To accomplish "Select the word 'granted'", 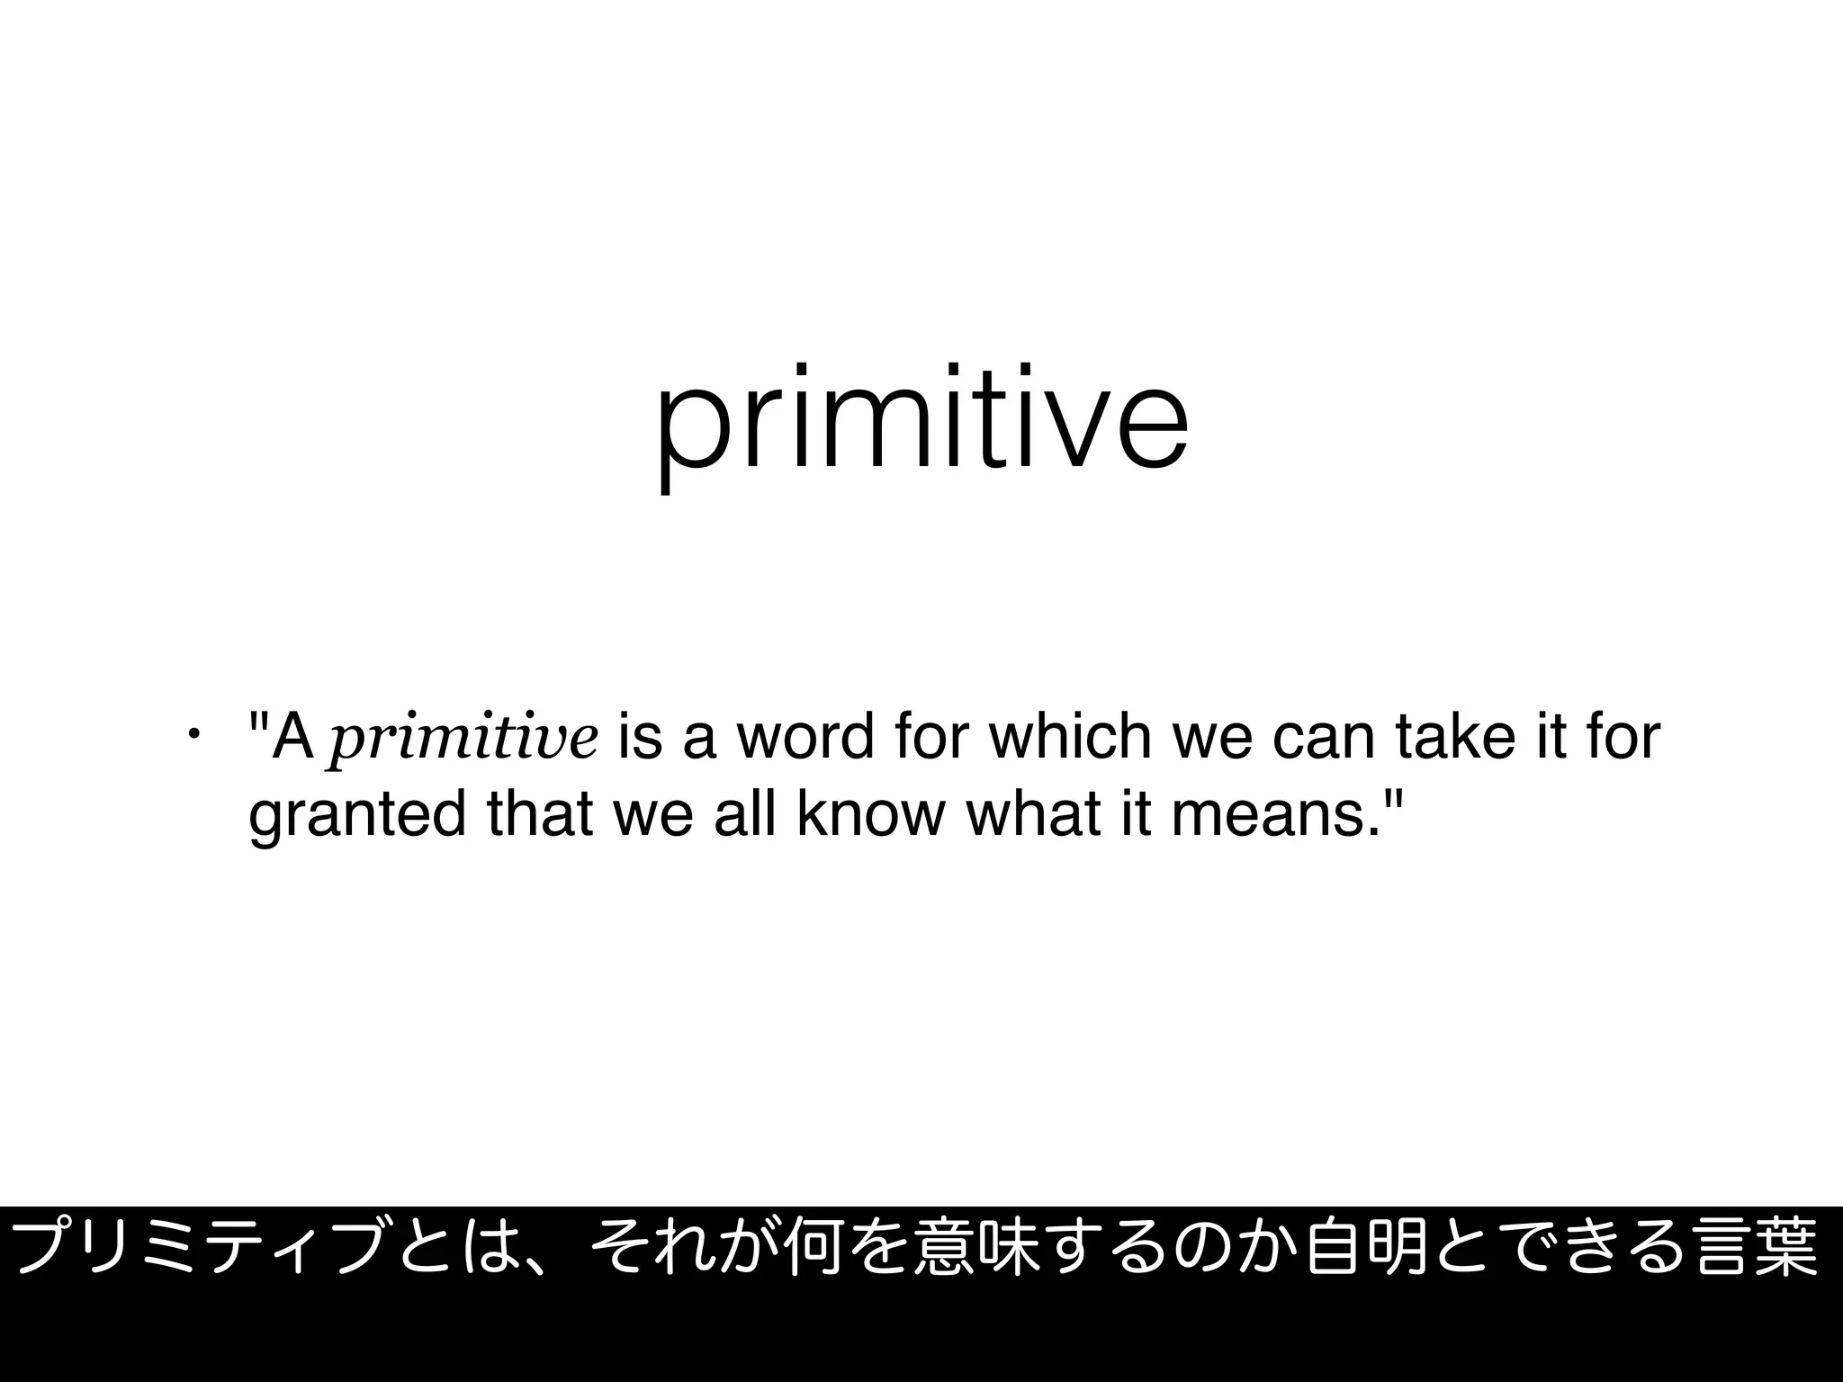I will (x=357, y=816).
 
